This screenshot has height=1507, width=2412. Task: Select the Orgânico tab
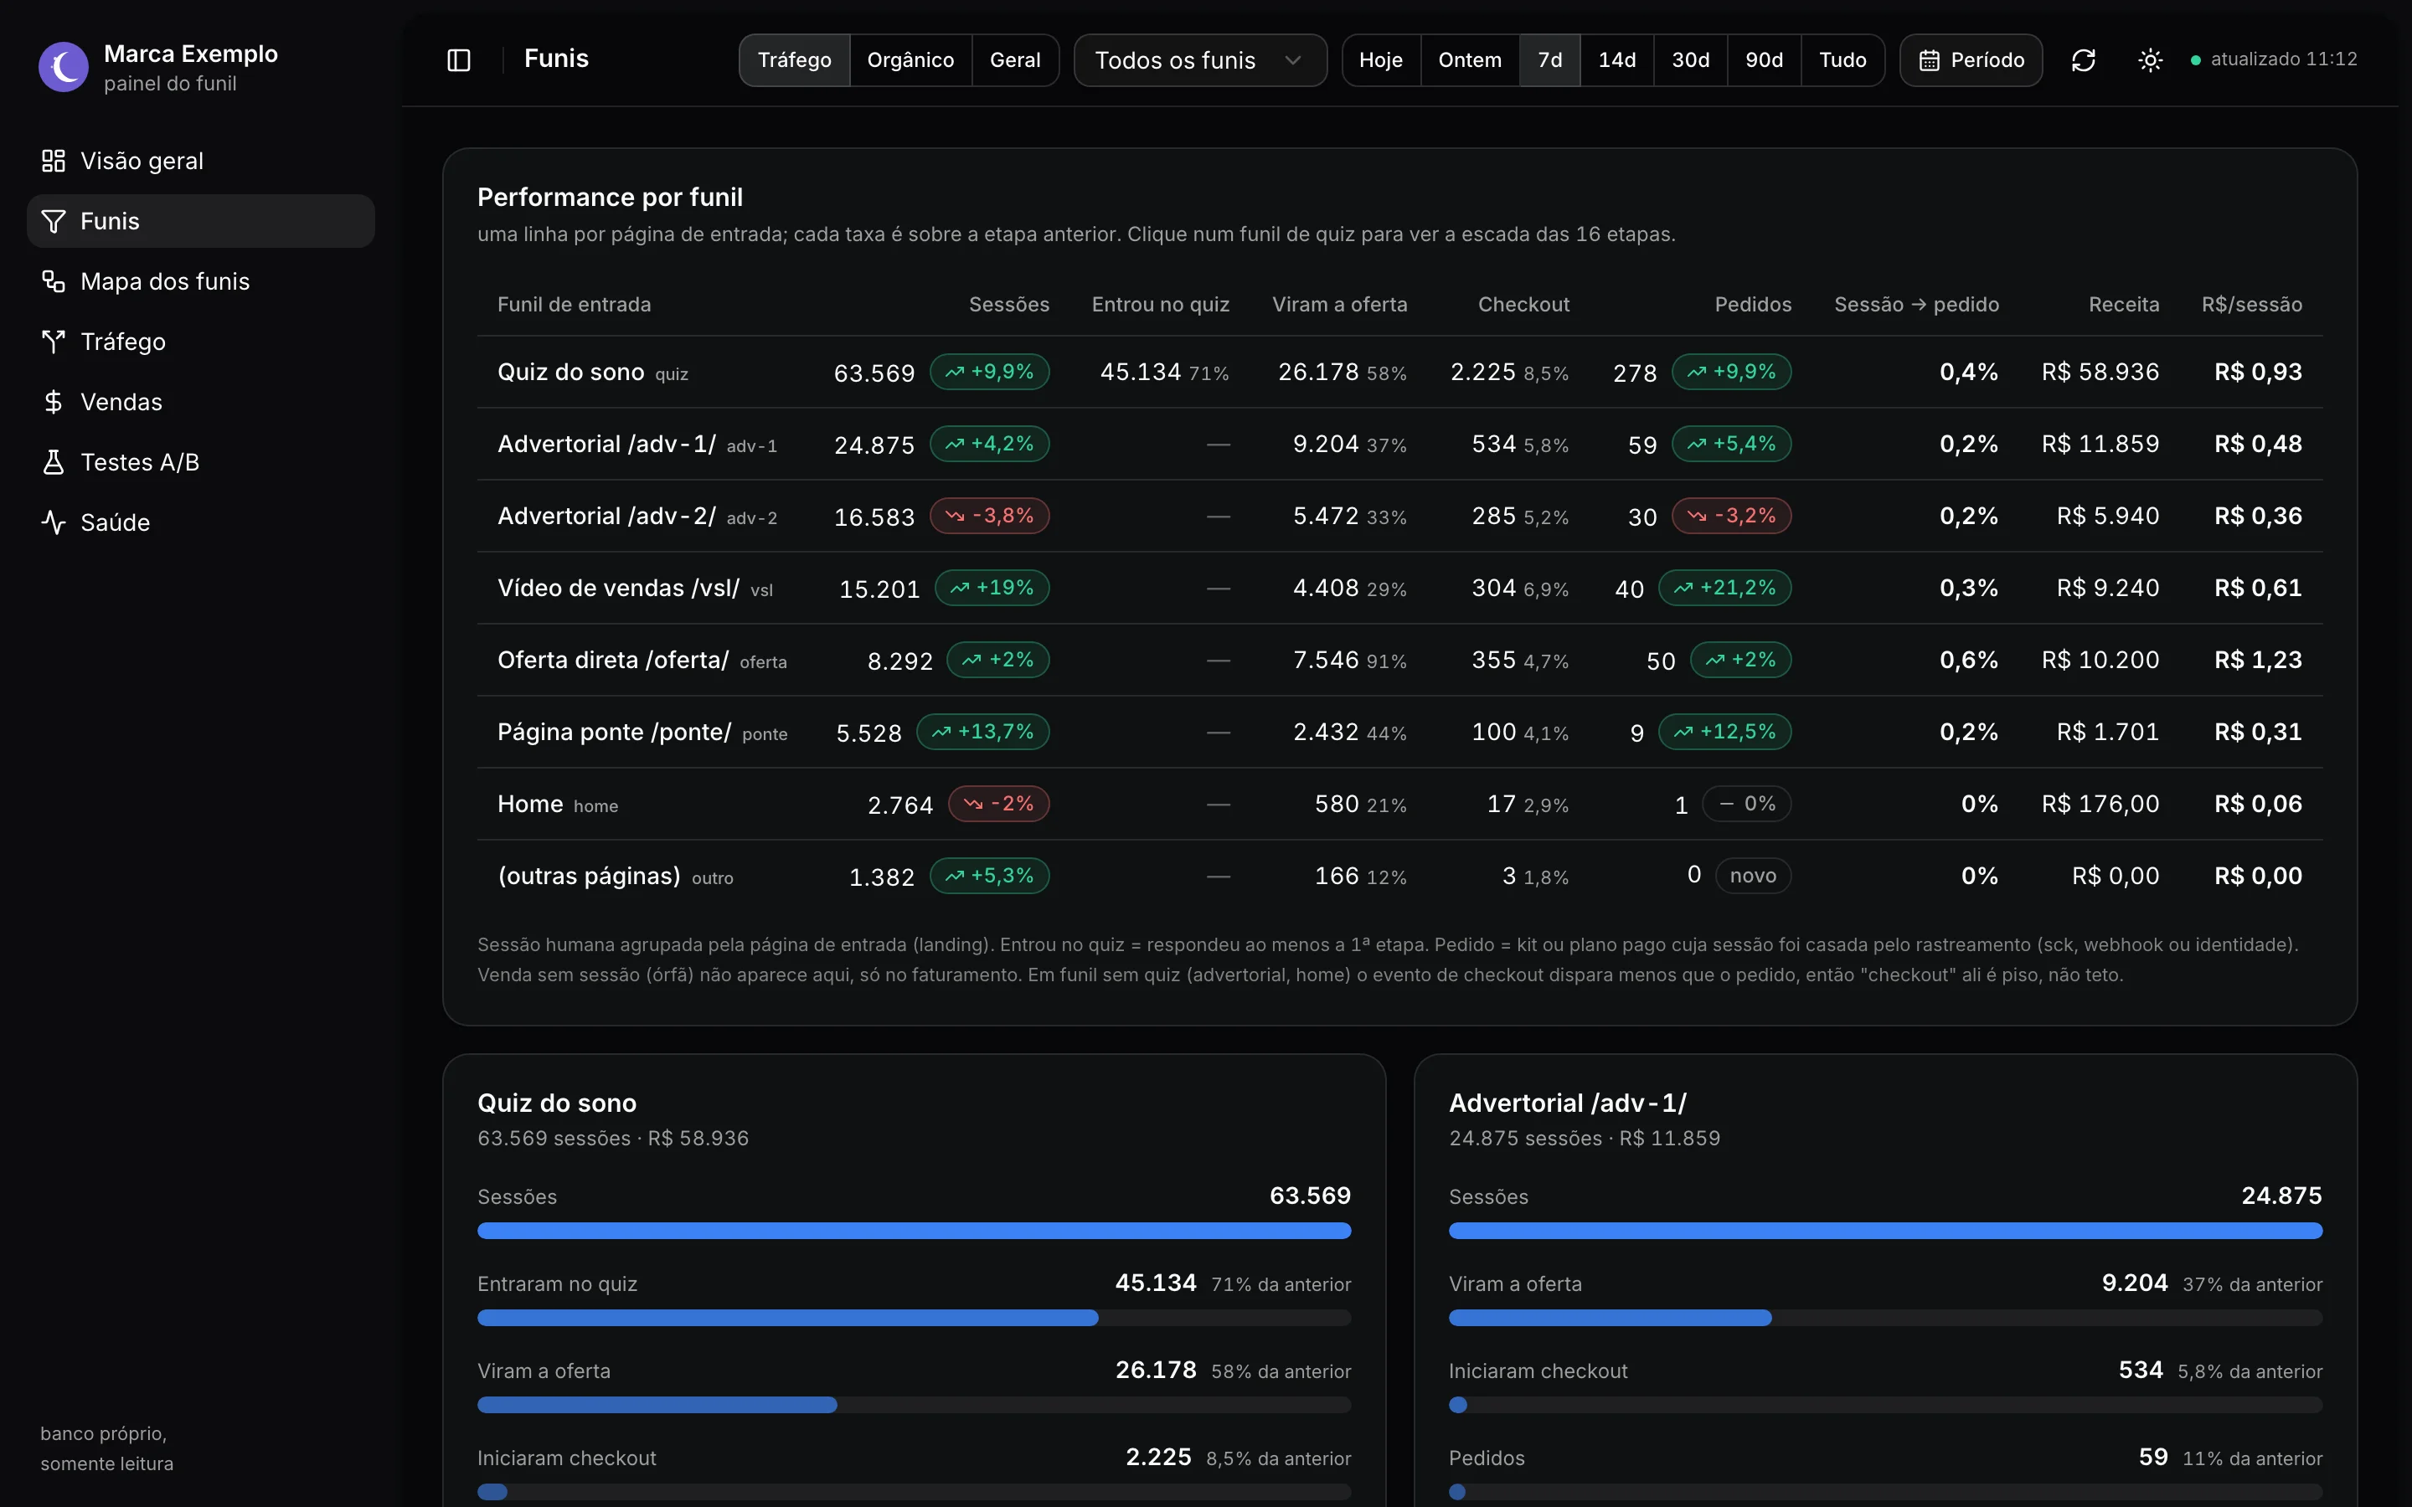point(910,59)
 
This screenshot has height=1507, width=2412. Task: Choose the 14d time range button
point(1616,59)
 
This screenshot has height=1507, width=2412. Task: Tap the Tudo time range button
point(1842,59)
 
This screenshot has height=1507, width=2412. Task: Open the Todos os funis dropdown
point(1200,59)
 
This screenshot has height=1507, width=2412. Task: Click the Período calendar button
point(1971,59)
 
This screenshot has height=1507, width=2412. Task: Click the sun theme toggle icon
point(2150,59)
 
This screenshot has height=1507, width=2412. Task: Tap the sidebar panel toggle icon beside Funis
point(458,59)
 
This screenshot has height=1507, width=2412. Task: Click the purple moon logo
point(64,67)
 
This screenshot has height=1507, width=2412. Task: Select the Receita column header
point(2123,304)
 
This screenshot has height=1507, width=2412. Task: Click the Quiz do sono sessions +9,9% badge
point(990,372)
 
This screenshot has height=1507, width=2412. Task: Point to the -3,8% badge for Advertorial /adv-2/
point(990,515)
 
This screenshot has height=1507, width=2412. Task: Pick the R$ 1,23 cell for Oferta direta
point(2258,660)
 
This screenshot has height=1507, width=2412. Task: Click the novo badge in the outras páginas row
point(1752,875)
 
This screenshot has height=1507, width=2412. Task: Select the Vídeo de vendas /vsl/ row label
point(618,588)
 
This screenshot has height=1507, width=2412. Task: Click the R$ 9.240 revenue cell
point(2107,588)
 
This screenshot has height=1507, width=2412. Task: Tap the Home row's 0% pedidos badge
point(1746,804)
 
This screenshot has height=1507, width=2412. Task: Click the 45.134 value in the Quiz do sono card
point(1155,1283)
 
